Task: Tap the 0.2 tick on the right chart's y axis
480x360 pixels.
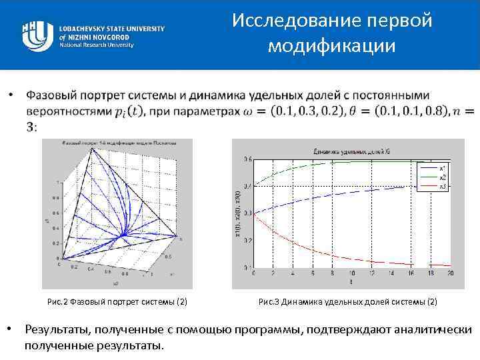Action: pos(248,240)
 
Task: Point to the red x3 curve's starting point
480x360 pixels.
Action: pos(254,213)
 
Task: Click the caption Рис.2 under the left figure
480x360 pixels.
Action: pos(117,302)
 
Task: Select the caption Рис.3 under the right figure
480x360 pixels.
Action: pos(347,302)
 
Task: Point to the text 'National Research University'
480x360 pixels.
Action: pos(97,45)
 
